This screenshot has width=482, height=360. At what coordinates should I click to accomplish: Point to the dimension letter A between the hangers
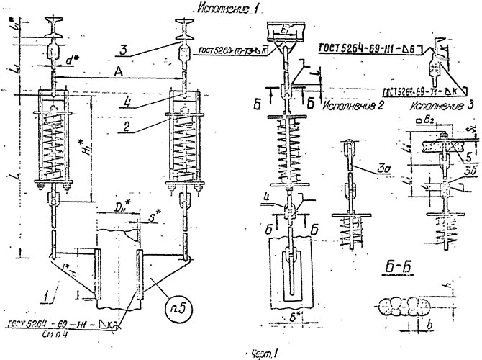[117, 73]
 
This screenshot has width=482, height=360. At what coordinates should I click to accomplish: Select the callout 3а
[379, 170]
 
